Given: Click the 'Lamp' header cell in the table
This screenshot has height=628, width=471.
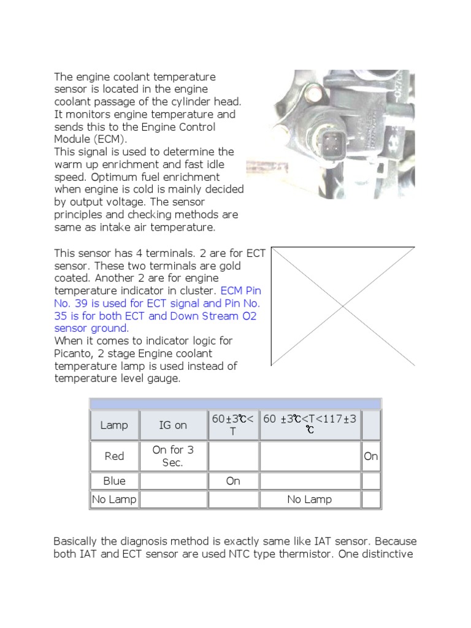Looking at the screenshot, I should point(114,425).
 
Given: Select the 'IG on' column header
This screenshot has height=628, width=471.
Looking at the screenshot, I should point(173,425).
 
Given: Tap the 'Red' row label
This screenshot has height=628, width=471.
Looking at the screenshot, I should point(114,456).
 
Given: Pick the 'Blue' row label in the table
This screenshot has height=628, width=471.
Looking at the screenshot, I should point(114,481).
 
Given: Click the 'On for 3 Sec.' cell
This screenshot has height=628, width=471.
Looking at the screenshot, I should point(173,456).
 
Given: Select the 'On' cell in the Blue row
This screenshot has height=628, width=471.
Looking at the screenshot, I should point(233,481).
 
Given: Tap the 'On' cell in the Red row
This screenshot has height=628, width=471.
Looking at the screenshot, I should point(371,456).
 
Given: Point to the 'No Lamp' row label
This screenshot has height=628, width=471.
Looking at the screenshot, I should point(114,499).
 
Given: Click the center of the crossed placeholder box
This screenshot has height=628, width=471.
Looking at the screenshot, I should point(343,306).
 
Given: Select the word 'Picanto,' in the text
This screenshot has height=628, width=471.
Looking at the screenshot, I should point(75,353).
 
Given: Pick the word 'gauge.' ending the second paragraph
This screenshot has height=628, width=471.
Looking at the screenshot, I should point(166,378).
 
